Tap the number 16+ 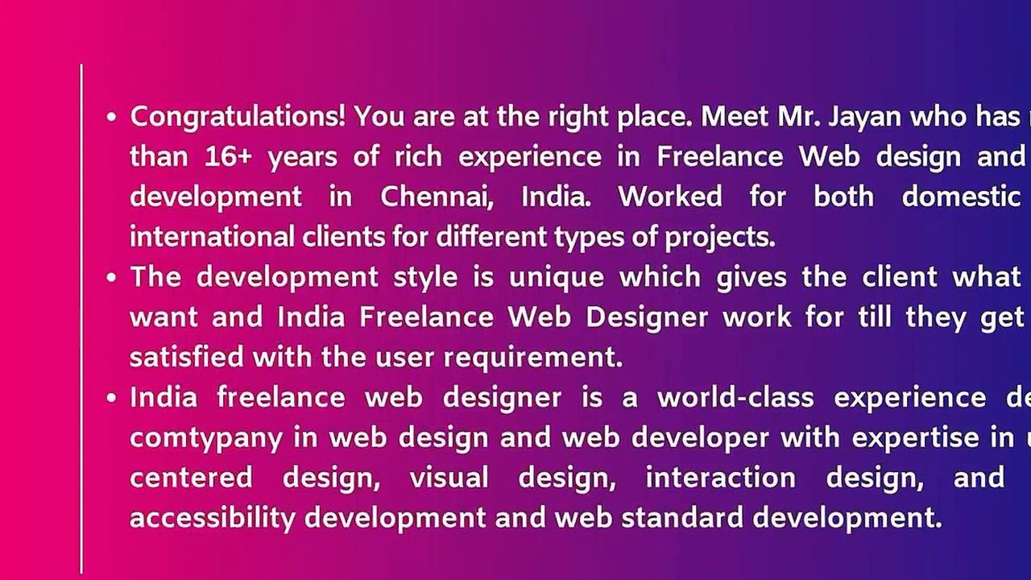click(x=229, y=156)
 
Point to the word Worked click(x=669, y=197)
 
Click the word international click(x=212, y=237)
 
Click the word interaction click(x=720, y=478)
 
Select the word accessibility click(x=213, y=518)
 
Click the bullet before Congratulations click(x=112, y=118)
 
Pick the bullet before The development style click(x=112, y=278)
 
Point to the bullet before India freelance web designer click(x=112, y=398)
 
